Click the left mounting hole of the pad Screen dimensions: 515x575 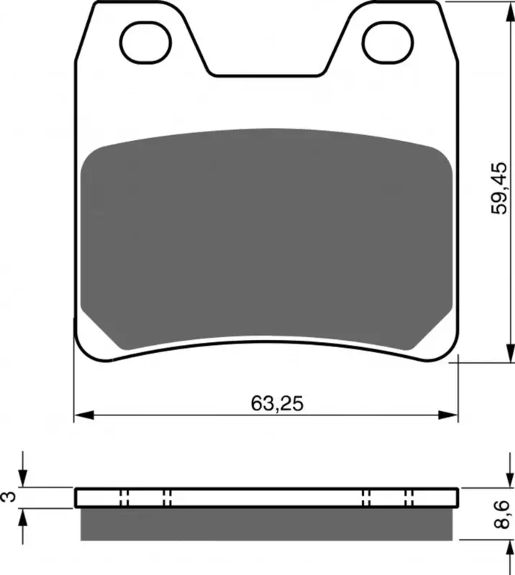145,42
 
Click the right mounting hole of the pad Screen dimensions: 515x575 388,42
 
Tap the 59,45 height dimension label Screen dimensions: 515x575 500,188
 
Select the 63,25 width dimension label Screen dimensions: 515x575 277,403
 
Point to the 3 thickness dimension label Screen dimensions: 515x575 9,496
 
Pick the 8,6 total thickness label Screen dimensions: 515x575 502,514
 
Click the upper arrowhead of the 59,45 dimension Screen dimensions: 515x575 510,11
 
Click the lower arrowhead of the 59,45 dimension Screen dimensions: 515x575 510,353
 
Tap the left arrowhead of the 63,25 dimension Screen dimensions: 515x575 84,415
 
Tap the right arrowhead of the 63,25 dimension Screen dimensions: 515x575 448,415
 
